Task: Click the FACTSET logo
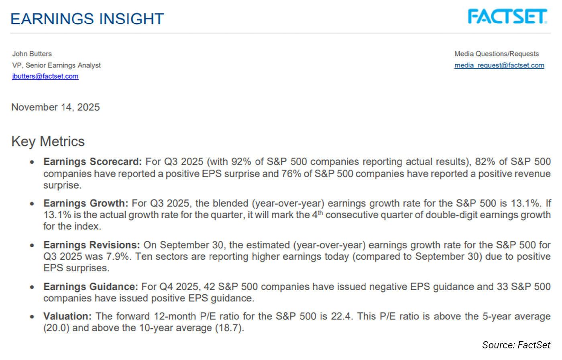click(x=507, y=17)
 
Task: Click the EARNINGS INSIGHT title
click(x=87, y=19)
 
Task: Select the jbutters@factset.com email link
click(x=45, y=76)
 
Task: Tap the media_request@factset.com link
click(x=499, y=65)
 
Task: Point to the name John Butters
click(x=32, y=54)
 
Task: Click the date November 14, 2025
click(x=55, y=107)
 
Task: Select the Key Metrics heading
click(x=48, y=141)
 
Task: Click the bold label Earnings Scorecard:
click(x=92, y=162)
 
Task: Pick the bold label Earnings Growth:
click(x=86, y=203)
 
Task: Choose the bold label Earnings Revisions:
click(x=92, y=245)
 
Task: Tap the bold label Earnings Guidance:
click(x=90, y=287)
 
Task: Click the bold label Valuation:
click(x=67, y=316)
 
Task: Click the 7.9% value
click(x=118, y=256)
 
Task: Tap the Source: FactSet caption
click(x=516, y=345)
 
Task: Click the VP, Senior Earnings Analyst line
click(x=56, y=65)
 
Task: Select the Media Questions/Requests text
click(x=497, y=54)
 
